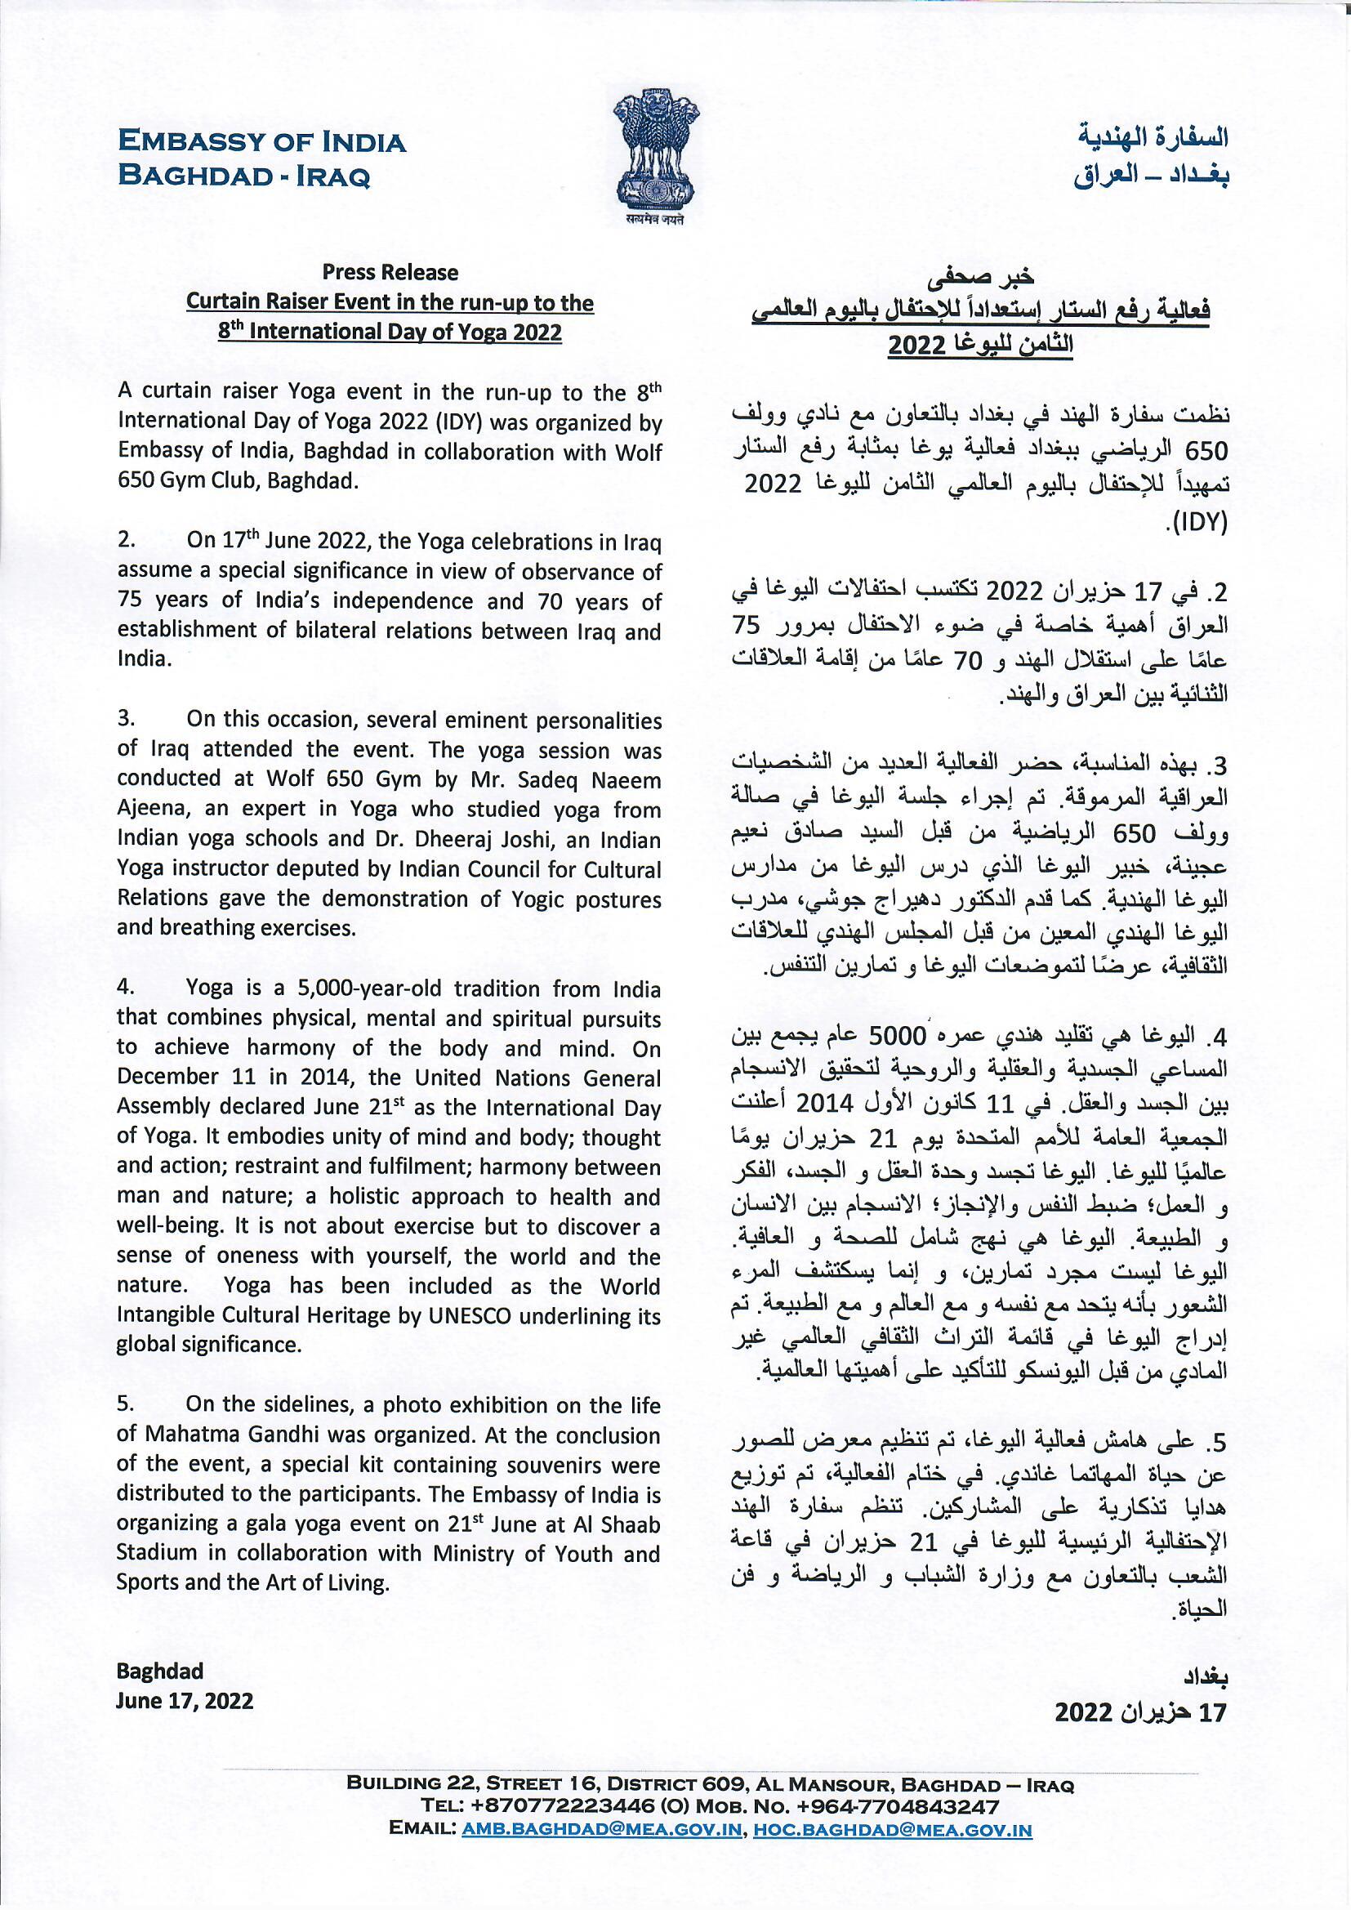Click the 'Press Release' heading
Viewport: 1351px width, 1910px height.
click(x=390, y=272)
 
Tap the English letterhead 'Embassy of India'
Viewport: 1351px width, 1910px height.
click(x=262, y=142)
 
